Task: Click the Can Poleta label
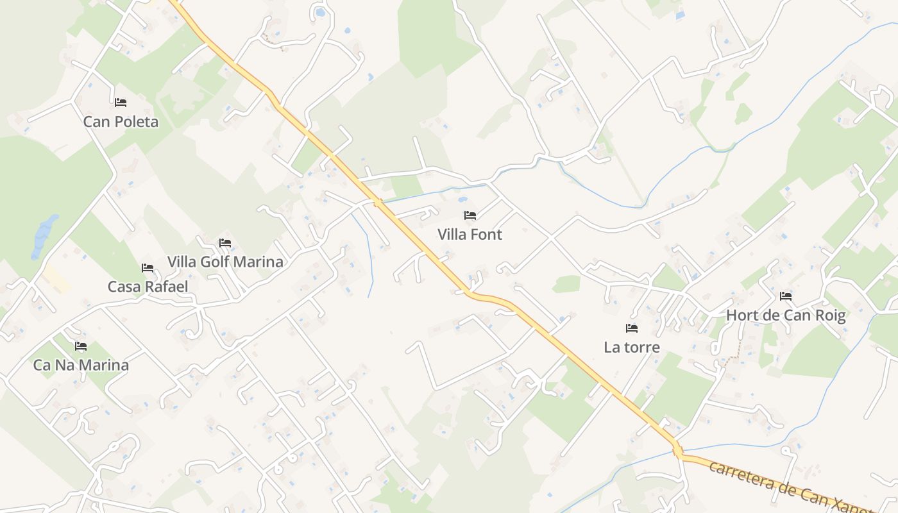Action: pos(121,121)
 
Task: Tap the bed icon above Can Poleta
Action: pos(121,103)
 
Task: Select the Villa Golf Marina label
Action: pos(225,262)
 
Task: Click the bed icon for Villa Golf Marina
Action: pos(225,243)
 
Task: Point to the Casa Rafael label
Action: pos(148,287)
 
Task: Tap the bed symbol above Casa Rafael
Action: pos(148,268)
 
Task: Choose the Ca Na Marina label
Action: pos(81,365)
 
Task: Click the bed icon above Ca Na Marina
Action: pos(81,346)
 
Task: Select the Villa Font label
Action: pos(470,234)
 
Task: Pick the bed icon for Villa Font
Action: pos(470,215)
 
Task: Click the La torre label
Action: pos(632,347)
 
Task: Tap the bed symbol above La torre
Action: pos(632,328)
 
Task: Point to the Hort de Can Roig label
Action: pos(786,315)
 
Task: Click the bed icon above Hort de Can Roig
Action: pos(786,296)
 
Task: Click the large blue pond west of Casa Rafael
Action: pos(44,234)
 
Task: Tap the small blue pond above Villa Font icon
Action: pos(462,199)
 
